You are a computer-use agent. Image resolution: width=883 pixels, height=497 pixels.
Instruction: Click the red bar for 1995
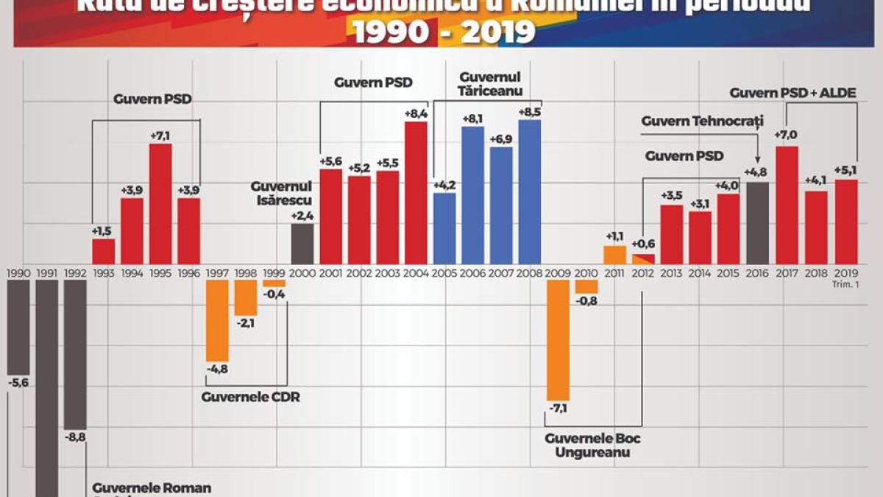click(x=160, y=203)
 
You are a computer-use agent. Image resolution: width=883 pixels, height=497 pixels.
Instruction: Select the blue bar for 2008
click(x=529, y=191)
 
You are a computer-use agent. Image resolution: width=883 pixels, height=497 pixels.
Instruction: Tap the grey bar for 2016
click(x=757, y=222)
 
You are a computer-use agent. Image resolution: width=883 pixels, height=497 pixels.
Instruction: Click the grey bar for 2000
click(x=302, y=244)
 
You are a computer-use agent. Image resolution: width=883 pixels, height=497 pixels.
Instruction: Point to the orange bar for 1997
click(x=217, y=320)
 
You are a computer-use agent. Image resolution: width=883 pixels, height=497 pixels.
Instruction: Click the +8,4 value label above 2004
click(x=416, y=114)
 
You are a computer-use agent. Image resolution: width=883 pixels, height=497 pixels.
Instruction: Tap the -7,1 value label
click(x=558, y=409)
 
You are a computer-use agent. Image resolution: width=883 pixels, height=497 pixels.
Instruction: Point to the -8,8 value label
click(x=76, y=437)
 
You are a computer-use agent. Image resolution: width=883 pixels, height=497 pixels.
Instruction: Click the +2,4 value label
click(x=302, y=216)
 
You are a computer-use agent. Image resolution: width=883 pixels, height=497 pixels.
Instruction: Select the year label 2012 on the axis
click(x=643, y=273)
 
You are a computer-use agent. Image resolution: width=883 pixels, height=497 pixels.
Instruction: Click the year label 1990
click(x=18, y=273)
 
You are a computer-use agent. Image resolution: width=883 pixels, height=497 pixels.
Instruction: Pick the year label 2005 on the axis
click(x=444, y=273)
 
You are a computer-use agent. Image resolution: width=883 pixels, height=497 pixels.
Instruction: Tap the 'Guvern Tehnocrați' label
click(x=702, y=120)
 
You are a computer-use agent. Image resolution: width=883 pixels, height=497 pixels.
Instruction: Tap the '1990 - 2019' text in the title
click(x=444, y=32)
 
